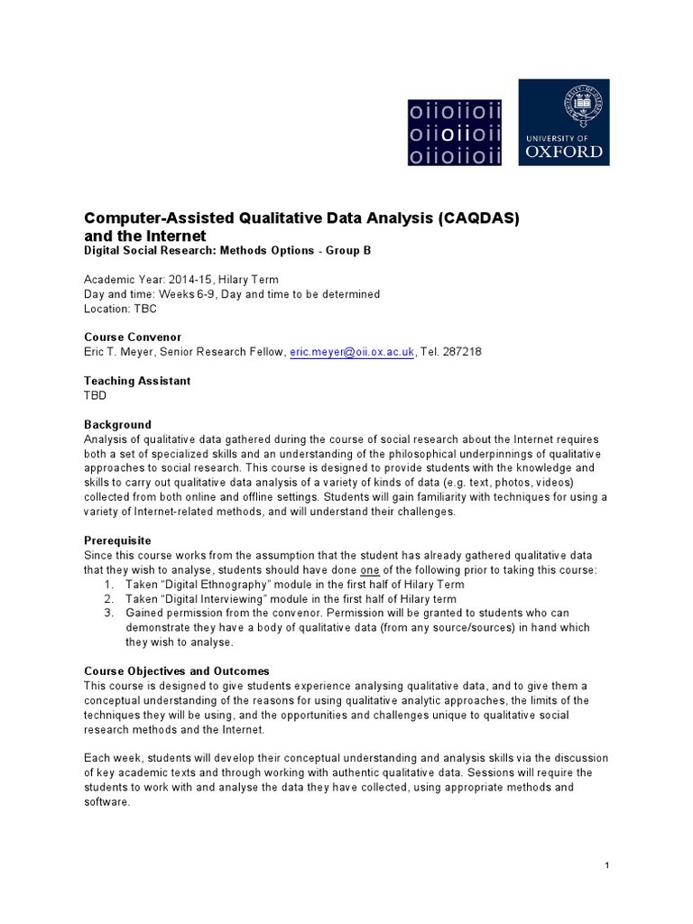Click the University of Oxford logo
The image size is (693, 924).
(x=563, y=122)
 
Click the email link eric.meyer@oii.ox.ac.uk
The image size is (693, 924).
(x=352, y=351)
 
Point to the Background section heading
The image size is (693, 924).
(x=117, y=424)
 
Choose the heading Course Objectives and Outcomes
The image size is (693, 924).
(x=177, y=671)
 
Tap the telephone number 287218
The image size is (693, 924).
(x=463, y=351)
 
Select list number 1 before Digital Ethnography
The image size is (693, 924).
(x=108, y=585)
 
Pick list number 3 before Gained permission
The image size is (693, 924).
(x=108, y=614)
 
